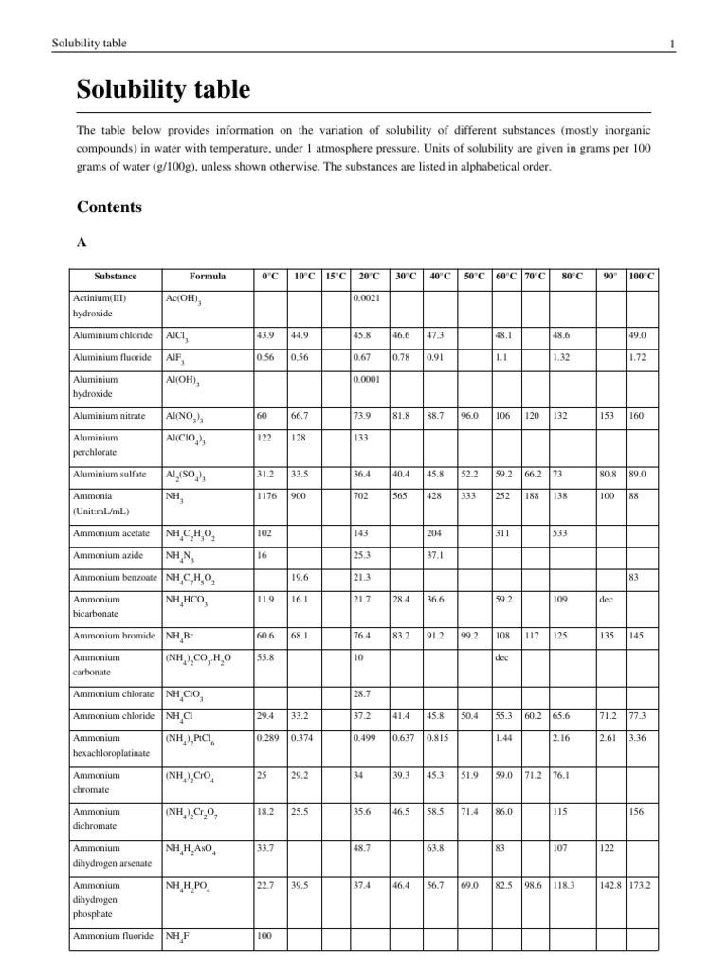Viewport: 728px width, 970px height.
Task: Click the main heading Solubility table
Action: [163, 90]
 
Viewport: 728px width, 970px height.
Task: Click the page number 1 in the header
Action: [671, 44]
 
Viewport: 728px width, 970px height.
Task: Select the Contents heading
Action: [109, 207]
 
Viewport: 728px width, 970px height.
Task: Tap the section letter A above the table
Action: [81, 242]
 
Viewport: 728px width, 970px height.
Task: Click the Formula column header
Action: [208, 276]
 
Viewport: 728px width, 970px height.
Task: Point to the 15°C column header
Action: [336, 276]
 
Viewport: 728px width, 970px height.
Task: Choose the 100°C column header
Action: [642, 276]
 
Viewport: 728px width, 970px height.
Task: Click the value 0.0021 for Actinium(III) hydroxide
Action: [366, 298]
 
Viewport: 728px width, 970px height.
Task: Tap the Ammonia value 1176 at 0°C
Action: [267, 495]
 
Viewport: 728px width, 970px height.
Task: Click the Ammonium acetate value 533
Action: [561, 532]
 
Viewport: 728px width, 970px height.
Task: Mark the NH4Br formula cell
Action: [179, 637]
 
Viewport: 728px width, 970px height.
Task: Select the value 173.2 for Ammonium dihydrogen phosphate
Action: [642, 885]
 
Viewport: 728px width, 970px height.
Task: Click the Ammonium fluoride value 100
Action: [265, 937]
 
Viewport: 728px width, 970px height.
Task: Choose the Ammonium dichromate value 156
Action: [639, 810]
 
